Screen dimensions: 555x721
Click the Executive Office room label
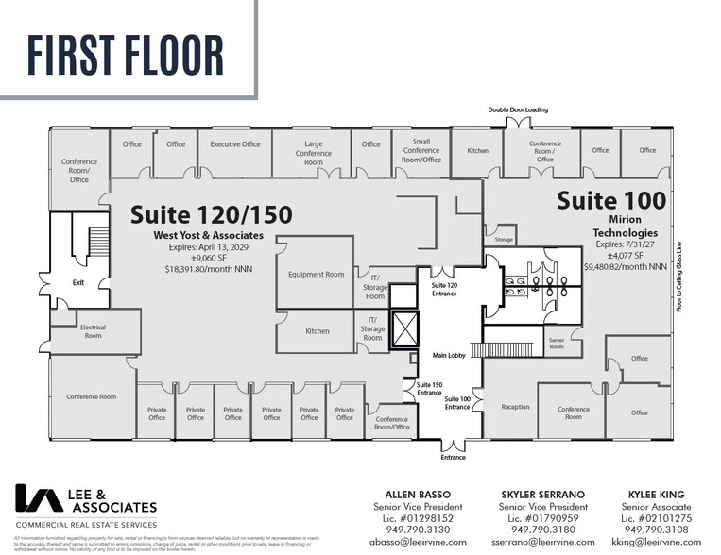(234, 144)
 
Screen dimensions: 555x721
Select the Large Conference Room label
(313, 153)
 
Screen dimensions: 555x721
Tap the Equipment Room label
(316, 275)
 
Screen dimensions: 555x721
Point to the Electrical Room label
(93, 331)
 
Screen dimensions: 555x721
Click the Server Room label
(556, 344)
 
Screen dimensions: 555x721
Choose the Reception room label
(515, 407)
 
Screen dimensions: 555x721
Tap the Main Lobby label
(452, 356)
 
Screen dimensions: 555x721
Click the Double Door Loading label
(517, 110)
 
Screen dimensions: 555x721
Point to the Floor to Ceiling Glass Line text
(679, 277)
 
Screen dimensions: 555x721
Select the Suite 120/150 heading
(211, 213)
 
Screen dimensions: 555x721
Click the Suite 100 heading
(610, 200)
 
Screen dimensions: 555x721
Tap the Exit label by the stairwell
(78, 281)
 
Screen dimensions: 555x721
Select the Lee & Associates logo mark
(36, 500)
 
